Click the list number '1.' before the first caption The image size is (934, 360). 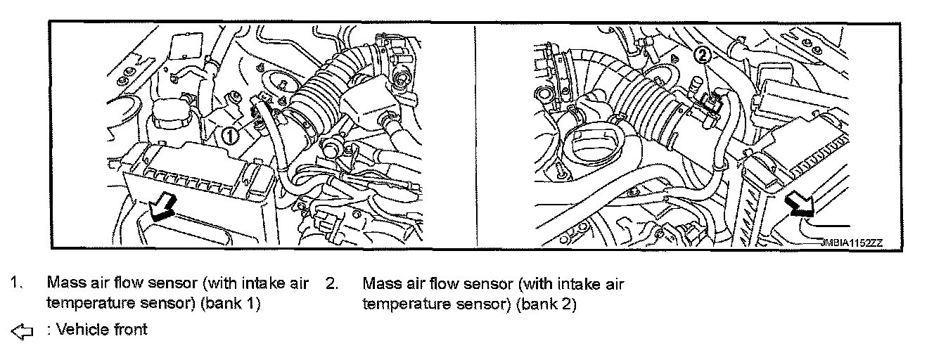[15, 284]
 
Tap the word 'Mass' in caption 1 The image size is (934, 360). [64, 284]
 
